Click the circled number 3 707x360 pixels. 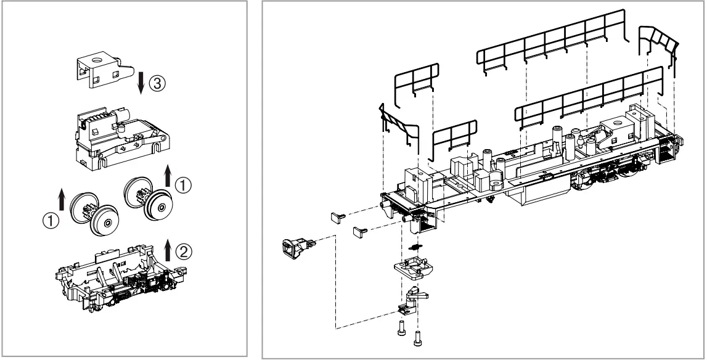point(158,84)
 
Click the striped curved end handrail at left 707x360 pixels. point(396,124)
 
